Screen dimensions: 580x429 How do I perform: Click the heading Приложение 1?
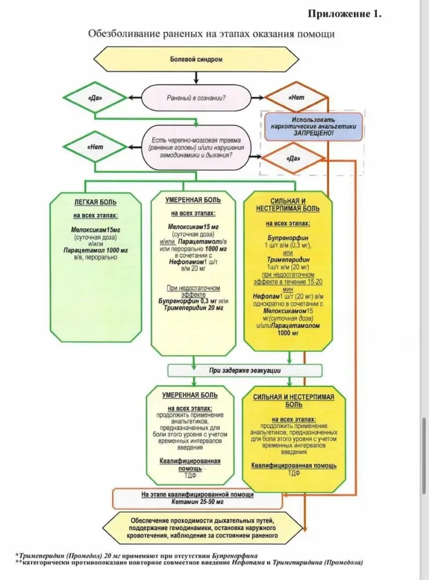344,14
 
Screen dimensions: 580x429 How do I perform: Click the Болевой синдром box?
196,60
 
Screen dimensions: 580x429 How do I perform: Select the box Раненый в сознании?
196,98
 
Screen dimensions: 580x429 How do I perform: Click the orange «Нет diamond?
296,98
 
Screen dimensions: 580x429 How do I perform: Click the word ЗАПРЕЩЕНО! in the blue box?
313,131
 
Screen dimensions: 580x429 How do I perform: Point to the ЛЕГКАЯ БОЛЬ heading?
95,203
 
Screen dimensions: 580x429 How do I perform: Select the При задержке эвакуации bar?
245,370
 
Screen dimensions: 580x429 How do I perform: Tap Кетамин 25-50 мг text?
197,503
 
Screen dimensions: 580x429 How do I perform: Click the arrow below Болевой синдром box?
196,77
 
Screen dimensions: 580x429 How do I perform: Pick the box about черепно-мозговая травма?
196,146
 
